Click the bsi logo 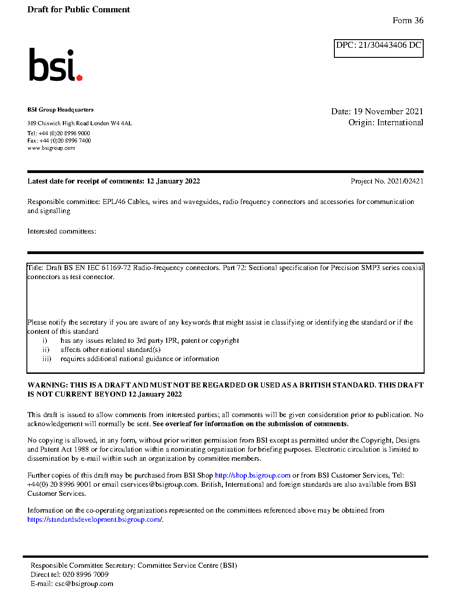click(55, 65)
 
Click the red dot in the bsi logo click(80, 78)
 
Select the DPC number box click(379, 48)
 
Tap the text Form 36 click(408, 20)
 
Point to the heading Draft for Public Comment click(78, 10)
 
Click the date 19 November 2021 click(388, 112)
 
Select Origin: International click(385, 122)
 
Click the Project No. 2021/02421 click(387, 181)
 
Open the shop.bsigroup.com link click(252, 475)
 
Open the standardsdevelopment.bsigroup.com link click(94, 520)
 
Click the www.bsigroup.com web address click(51, 148)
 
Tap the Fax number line click(59, 141)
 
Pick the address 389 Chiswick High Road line click(79, 123)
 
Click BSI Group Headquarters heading click(60, 110)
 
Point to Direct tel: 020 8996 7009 click(69, 575)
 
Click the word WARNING click(47, 385)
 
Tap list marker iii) click(46, 359)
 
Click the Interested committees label click(61, 231)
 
